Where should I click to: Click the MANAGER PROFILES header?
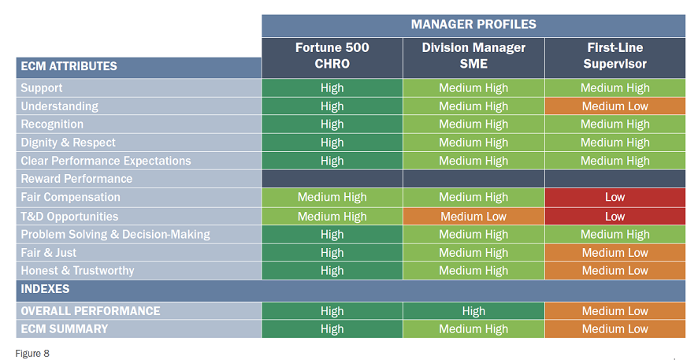tap(473, 24)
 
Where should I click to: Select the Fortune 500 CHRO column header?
tap(332, 56)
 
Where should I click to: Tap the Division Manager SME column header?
tap(473, 56)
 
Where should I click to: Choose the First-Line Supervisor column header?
tap(614, 56)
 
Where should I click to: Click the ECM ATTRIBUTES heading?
tap(69, 66)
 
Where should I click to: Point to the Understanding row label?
tap(60, 106)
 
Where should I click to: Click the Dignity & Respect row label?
tap(68, 143)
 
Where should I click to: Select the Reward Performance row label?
tap(76, 179)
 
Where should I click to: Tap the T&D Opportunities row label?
tap(69, 217)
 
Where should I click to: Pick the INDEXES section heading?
tap(45, 289)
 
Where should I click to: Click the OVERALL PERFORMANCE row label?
tap(91, 311)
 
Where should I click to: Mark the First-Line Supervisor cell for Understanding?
tap(614, 106)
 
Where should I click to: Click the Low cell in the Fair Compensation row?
tap(614, 198)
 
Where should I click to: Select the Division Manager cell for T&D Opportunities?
tap(473, 217)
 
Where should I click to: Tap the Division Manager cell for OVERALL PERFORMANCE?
tap(473, 311)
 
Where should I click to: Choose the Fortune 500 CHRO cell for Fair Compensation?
tap(332, 198)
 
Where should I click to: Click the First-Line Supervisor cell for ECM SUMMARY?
tap(614, 329)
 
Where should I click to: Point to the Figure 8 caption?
tap(32, 354)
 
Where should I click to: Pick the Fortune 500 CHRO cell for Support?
tap(332, 88)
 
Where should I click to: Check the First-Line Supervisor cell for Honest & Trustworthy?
tap(614, 270)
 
